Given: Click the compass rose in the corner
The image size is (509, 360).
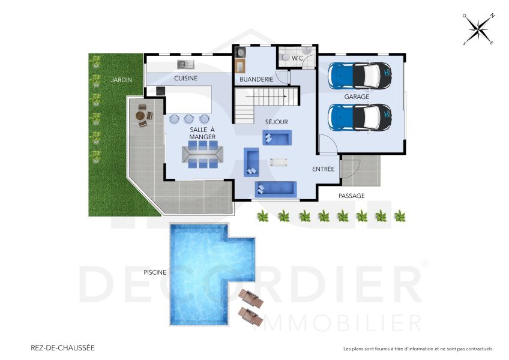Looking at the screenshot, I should (x=478, y=30).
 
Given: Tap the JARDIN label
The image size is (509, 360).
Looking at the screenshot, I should (x=121, y=79).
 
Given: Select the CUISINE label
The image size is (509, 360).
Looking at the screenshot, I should (x=185, y=78).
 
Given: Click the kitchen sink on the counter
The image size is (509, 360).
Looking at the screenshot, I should (x=183, y=64).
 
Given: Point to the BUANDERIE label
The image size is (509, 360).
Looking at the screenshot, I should (x=256, y=79).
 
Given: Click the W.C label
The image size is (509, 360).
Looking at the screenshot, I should (x=297, y=58).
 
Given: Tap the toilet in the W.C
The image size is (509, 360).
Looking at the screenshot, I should (x=285, y=56).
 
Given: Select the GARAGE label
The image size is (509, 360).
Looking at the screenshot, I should (x=357, y=96).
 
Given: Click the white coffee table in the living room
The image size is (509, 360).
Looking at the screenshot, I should (x=279, y=161).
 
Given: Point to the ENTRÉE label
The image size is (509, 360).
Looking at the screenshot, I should (x=323, y=169).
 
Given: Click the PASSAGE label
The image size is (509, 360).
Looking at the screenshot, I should (x=351, y=196).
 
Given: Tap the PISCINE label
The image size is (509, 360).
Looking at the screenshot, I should (x=155, y=272).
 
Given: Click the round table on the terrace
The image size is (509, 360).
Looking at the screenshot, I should (x=142, y=115).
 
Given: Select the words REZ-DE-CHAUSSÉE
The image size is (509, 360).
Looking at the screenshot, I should (x=62, y=347).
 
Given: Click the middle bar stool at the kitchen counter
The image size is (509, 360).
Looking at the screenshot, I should (x=189, y=119).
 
